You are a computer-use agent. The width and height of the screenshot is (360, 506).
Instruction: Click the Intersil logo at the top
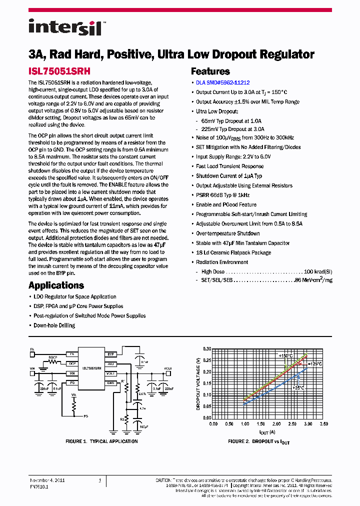pos(65,27)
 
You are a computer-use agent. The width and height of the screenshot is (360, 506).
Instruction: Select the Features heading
pos(210,71)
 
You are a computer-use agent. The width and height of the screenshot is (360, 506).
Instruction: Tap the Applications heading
pos(56,285)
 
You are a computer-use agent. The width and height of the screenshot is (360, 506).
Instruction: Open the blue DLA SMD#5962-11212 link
pos(222,82)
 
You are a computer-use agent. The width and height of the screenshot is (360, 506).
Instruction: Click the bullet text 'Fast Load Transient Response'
pos(229,166)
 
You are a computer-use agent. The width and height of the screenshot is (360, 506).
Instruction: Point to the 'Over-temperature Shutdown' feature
pos(227,233)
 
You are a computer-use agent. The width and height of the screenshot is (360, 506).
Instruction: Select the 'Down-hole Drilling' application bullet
pos(54,325)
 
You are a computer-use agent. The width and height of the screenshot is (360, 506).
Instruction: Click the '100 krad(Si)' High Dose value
pos(318,271)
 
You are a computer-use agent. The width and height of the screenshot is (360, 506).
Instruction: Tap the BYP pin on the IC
pos(110,354)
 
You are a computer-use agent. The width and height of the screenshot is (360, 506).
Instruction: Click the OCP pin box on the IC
pos(72,364)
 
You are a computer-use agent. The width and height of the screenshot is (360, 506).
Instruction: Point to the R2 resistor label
pos(121,406)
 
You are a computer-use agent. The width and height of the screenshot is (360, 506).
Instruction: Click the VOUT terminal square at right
pos(169,373)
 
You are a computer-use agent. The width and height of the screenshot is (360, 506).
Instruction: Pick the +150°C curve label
pos(286,355)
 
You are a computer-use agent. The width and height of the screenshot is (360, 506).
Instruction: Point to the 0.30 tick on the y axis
pos(206,348)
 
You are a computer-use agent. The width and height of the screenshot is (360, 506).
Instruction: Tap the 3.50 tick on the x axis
pos(323,423)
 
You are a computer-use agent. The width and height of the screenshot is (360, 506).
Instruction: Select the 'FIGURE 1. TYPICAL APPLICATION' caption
pos(101,441)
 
